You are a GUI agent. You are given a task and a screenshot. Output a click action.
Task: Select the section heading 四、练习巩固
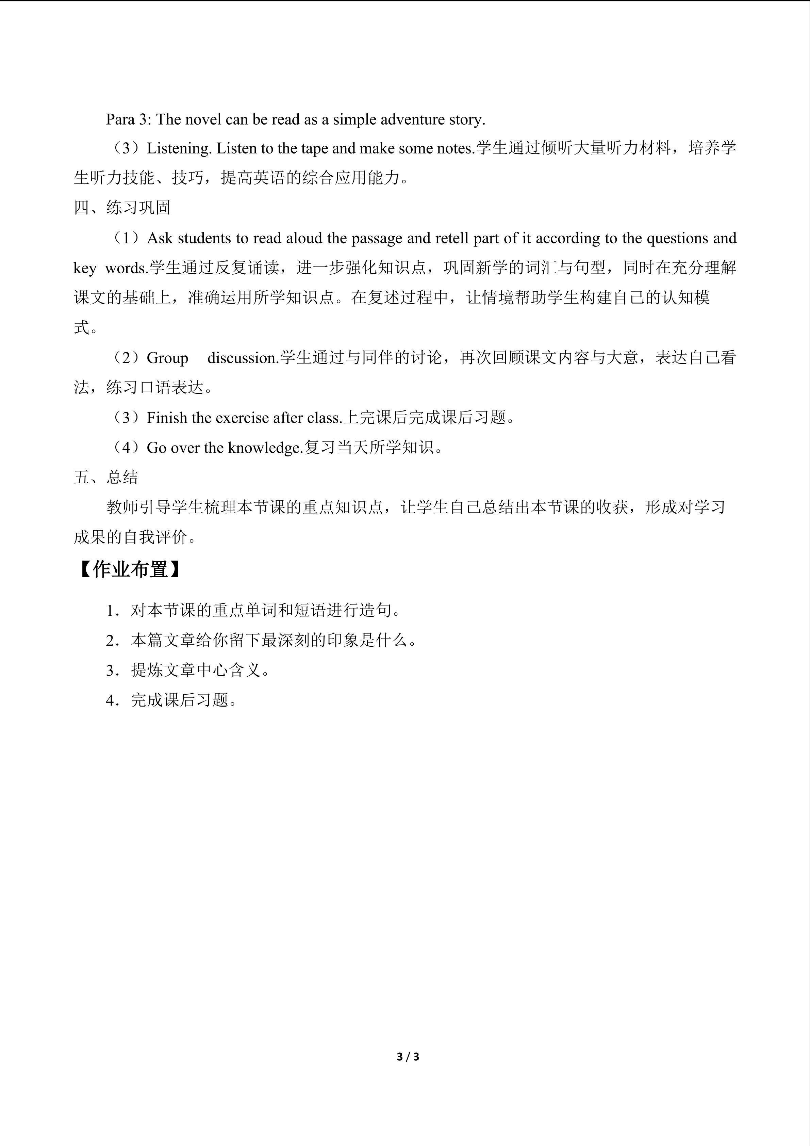click(x=122, y=208)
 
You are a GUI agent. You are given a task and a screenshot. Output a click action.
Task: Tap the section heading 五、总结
click(x=106, y=477)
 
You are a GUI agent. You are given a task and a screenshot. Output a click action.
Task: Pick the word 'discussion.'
click(x=243, y=358)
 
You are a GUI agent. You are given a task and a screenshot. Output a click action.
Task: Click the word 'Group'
click(x=168, y=358)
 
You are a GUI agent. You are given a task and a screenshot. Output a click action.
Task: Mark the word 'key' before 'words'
click(x=85, y=269)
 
